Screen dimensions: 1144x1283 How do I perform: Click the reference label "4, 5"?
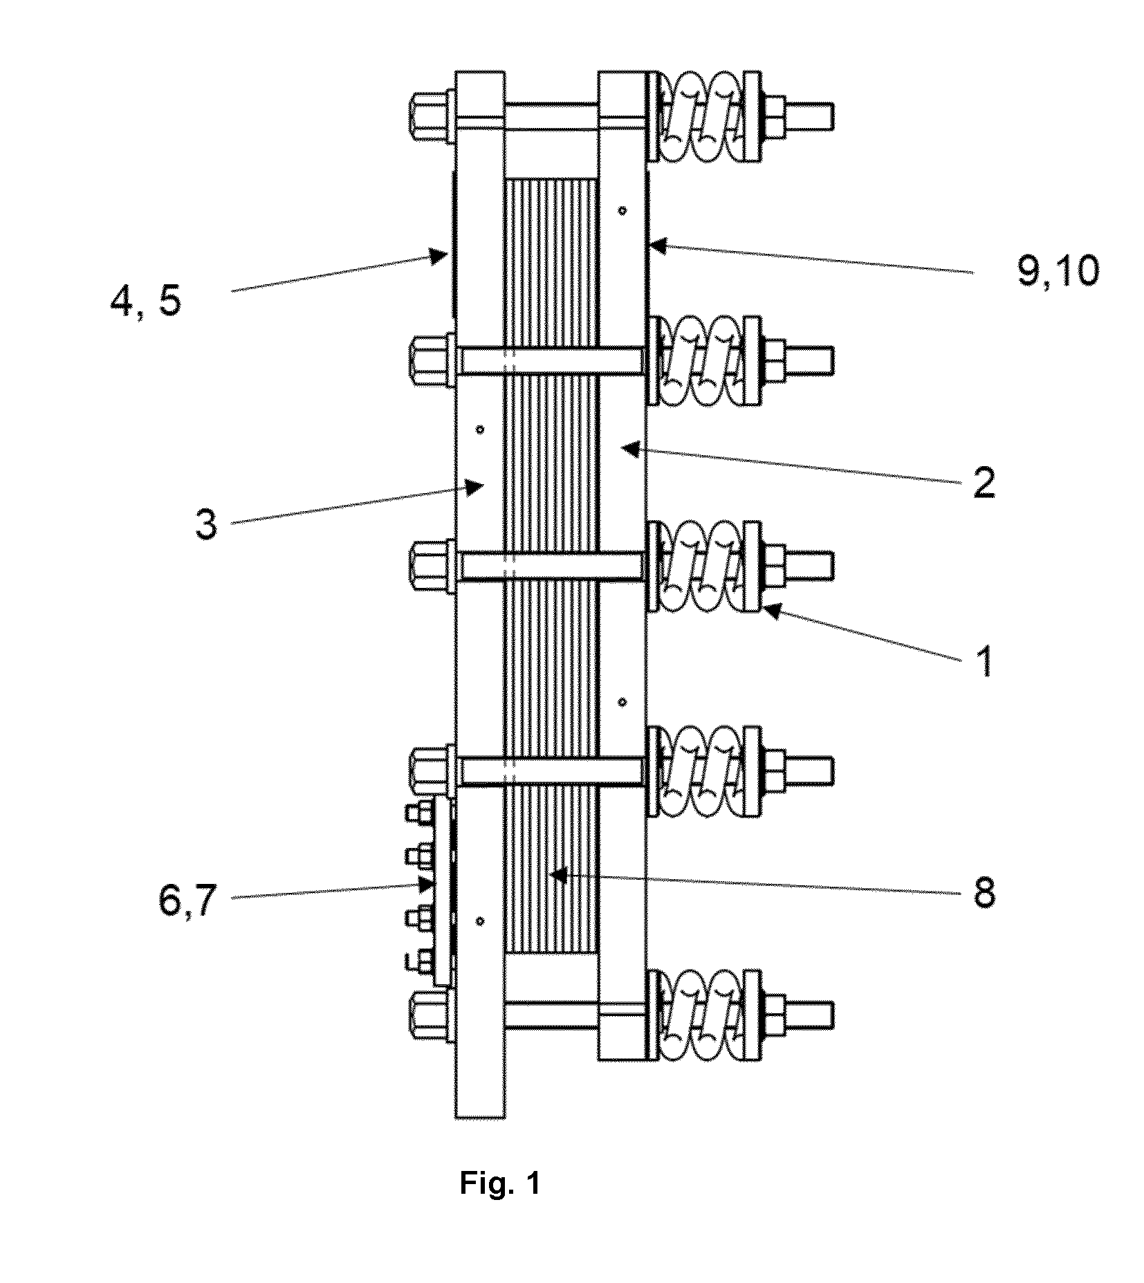tap(145, 302)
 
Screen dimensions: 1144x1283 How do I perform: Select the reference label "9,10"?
tap(1058, 272)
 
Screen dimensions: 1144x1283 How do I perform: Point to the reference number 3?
tap(206, 524)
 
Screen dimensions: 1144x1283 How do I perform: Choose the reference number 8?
tap(983, 892)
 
